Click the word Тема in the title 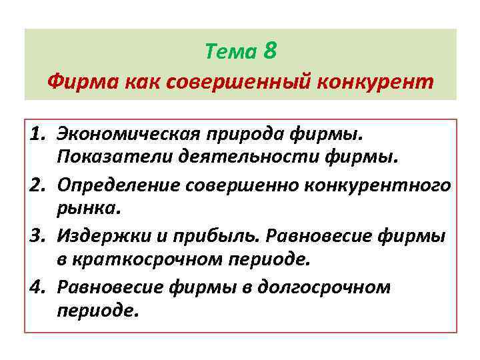[231, 51]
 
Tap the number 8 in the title [270, 50]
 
